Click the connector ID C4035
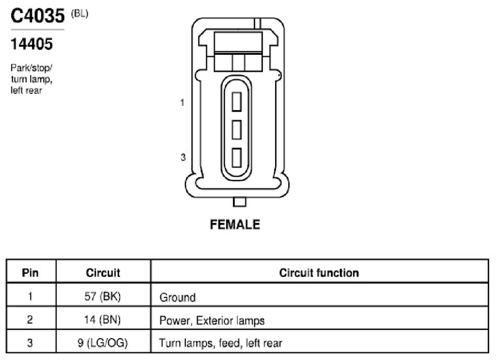pyautogui.click(x=38, y=16)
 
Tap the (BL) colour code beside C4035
pyautogui.click(x=80, y=14)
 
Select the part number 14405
pyautogui.click(x=31, y=44)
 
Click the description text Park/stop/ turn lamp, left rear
pyautogui.click(x=31, y=79)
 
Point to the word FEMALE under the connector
pyautogui.click(x=235, y=224)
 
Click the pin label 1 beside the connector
pyautogui.click(x=182, y=103)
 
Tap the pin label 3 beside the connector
pyautogui.click(x=183, y=157)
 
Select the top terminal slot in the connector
pyautogui.click(x=236, y=102)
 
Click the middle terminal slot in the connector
pyautogui.click(x=236, y=129)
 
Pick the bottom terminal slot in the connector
pyautogui.click(x=236, y=158)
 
